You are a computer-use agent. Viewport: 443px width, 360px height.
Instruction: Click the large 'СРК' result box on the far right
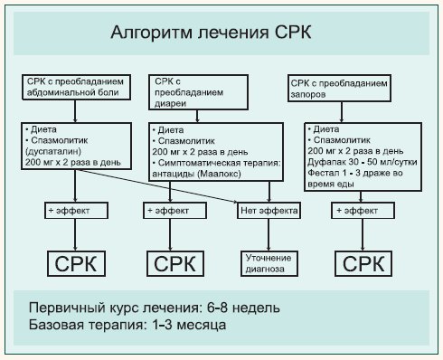click(363, 264)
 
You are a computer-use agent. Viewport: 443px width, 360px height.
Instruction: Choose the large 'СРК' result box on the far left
click(74, 264)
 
